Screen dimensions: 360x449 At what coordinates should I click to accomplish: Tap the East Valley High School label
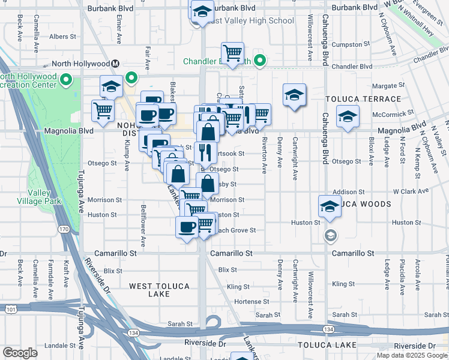(249, 20)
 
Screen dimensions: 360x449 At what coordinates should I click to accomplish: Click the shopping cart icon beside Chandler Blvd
(232, 52)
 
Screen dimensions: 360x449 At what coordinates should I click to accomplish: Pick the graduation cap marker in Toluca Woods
(330, 206)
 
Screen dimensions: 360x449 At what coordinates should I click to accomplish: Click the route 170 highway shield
(63, 229)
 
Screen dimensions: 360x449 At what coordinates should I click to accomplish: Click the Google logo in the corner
(20, 353)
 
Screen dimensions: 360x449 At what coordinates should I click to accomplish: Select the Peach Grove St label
(236, 230)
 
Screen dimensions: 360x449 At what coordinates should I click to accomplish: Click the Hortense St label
(251, 301)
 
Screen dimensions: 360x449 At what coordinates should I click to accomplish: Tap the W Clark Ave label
(411, 191)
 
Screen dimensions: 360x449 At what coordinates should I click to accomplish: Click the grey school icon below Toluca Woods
(330, 235)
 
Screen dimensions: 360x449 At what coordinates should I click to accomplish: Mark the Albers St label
(63, 37)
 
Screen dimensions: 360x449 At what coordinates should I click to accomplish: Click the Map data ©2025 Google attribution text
(412, 355)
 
